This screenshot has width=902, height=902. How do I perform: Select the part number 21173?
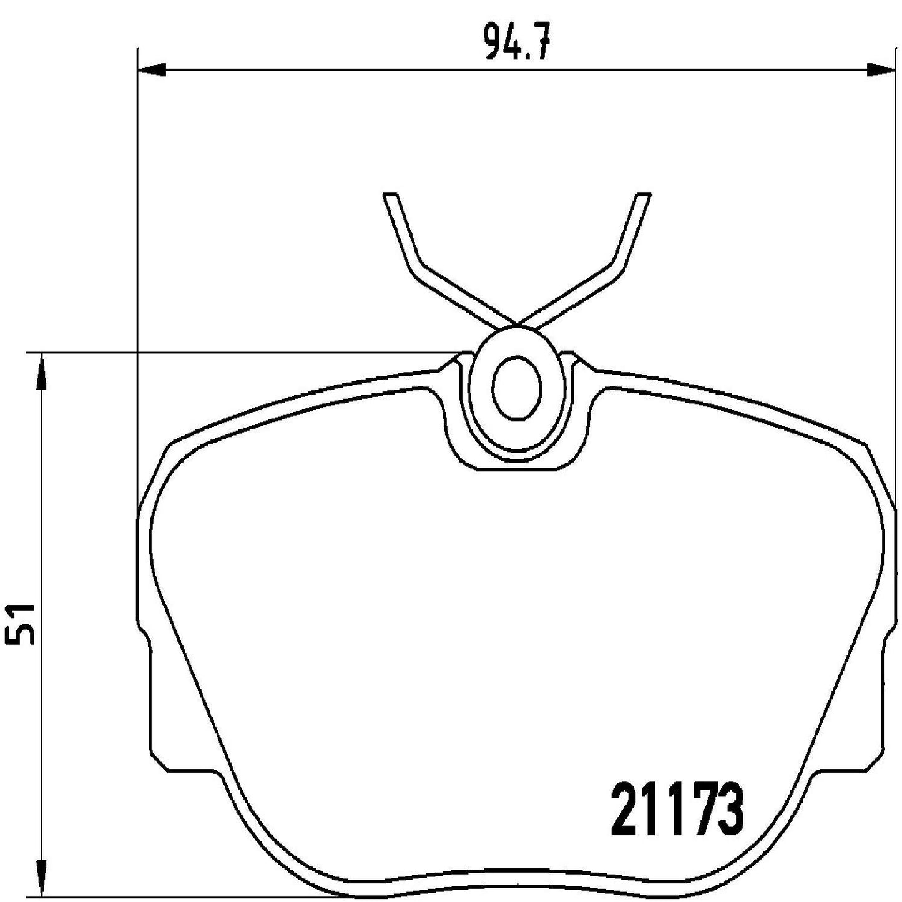(x=677, y=812)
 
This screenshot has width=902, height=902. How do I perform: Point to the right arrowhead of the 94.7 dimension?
(x=880, y=69)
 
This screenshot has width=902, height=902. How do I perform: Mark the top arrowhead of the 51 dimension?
(x=41, y=368)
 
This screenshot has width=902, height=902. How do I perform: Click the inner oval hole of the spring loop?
(x=516, y=389)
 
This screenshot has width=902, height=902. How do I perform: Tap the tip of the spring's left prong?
(x=390, y=197)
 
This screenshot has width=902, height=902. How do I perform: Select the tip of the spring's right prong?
(x=642, y=197)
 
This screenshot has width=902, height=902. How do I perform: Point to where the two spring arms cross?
(x=517, y=325)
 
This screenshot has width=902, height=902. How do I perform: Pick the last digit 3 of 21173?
(x=732, y=812)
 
